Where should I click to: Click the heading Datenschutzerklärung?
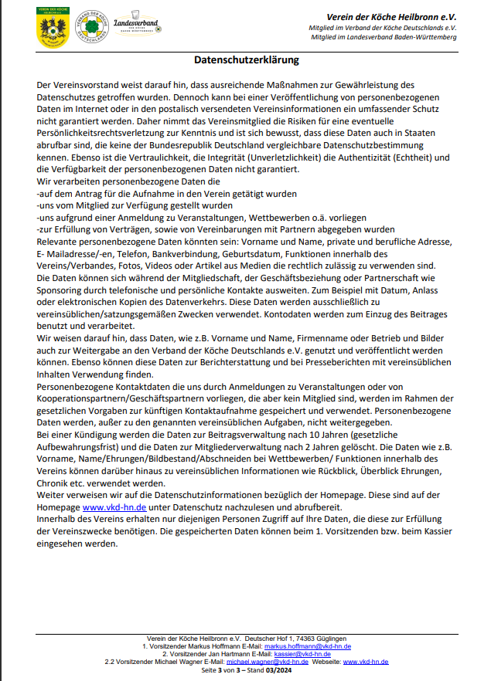245,59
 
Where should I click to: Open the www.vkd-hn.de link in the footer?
366,662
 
